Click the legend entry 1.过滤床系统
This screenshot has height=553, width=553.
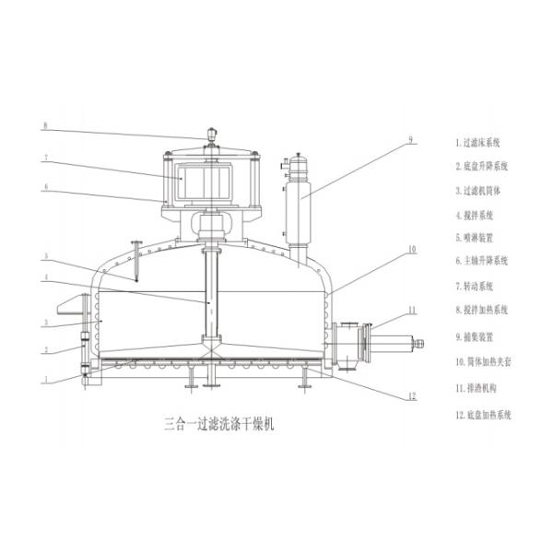(x=479, y=143)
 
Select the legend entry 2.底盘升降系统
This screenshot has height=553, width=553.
(x=483, y=167)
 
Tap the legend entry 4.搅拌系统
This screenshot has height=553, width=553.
(x=476, y=215)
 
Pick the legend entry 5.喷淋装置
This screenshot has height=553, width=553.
(x=476, y=238)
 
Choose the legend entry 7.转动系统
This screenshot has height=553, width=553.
(x=476, y=286)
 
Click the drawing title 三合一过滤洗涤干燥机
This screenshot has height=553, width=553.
(x=219, y=425)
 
